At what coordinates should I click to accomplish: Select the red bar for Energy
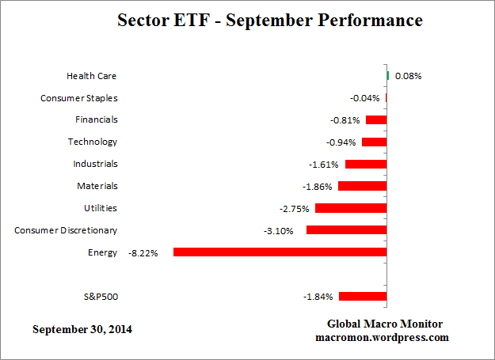[x=280, y=252]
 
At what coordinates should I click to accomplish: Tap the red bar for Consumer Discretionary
[x=346, y=230]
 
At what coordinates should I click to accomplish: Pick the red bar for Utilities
[x=351, y=208]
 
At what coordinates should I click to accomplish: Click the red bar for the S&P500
[x=363, y=297]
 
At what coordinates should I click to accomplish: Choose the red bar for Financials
[x=376, y=120]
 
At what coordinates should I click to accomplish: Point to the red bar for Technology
[x=374, y=142]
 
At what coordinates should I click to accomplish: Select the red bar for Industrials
[x=366, y=165]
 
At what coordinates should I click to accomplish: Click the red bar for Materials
[x=363, y=186]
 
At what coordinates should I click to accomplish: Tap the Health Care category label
[x=92, y=76]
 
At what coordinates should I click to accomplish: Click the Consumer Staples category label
[x=79, y=98]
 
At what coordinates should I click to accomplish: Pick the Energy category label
[x=102, y=252]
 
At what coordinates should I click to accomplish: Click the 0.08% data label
[x=408, y=77]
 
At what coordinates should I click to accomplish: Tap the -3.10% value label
[x=278, y=231]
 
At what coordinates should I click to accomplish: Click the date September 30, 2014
[x=82, y=328]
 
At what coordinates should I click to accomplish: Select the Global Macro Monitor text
[x=385, y=324]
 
